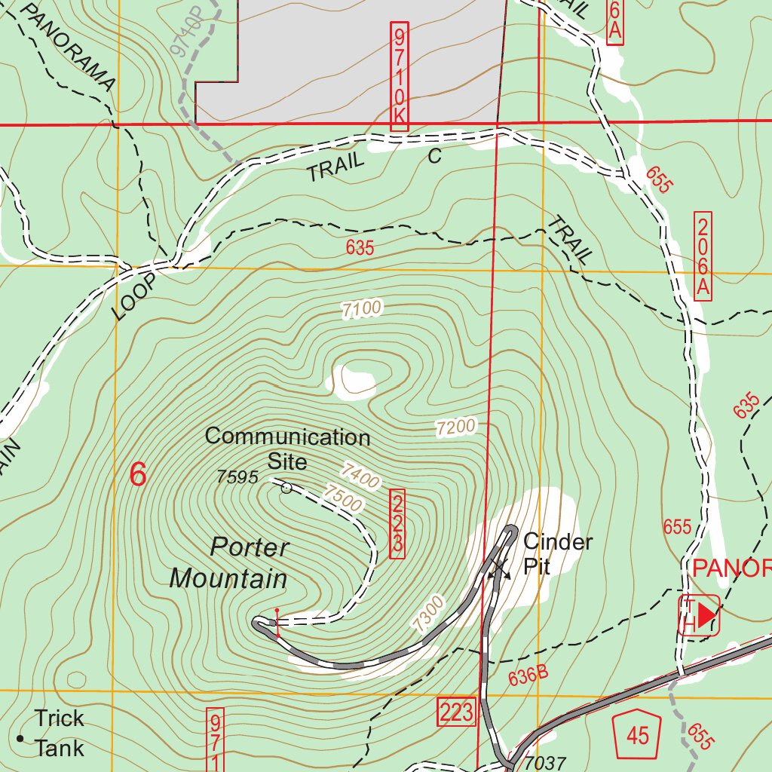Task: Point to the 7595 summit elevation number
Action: coord(237,476)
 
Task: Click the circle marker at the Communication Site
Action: coord(286,489)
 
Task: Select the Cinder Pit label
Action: coord(557,553)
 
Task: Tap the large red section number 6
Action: coord(137,475)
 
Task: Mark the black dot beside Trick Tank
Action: coord(20,738)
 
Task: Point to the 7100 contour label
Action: coord(362,308)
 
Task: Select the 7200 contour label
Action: coord(456,427)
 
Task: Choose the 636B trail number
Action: coord(528,674)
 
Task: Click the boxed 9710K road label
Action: coord(399,75)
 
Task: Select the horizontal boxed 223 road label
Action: coord(457,711)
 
